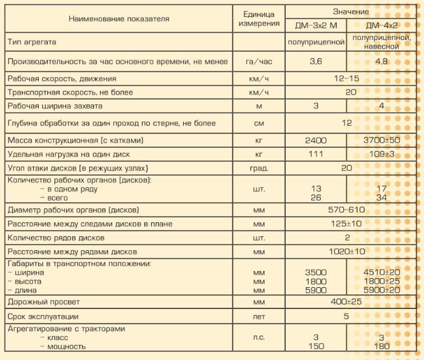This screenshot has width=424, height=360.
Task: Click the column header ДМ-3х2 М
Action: click(x=316, y=26)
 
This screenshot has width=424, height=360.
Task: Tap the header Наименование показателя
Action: click(x=119, y=18)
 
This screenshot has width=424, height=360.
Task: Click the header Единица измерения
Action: click(x=258, y=19)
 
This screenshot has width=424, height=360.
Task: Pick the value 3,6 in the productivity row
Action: click(x=316, y=61)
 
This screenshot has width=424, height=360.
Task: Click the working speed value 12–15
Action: click(x=346, y=79)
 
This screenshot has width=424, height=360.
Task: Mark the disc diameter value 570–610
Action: click(x=346, y=210)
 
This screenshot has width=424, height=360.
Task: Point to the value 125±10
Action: click(x=346, y=224)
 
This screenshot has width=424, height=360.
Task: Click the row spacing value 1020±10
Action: click(x=346, y=251)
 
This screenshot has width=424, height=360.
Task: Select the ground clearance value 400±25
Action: click(x=346, y=301)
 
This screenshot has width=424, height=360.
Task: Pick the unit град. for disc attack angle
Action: click(x=258, y=168)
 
